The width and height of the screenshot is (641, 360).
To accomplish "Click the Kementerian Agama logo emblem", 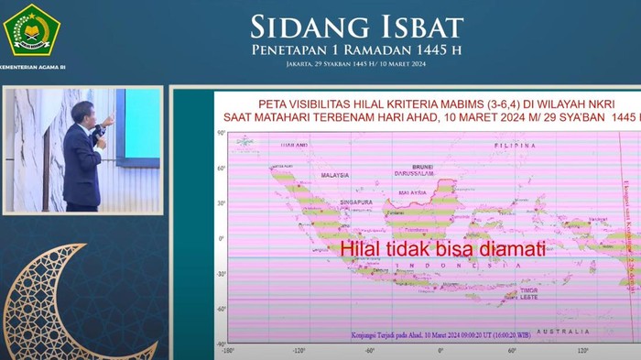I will (32, 30).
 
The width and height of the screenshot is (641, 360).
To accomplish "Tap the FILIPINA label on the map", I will (515, 146).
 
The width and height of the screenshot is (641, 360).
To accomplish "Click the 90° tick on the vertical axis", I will (221, 134).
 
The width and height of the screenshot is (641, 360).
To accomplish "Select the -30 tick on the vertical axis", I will (220, 274).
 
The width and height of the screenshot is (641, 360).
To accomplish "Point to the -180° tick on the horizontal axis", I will (228, 350).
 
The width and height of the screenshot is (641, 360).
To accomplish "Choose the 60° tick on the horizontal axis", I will (512, 350).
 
